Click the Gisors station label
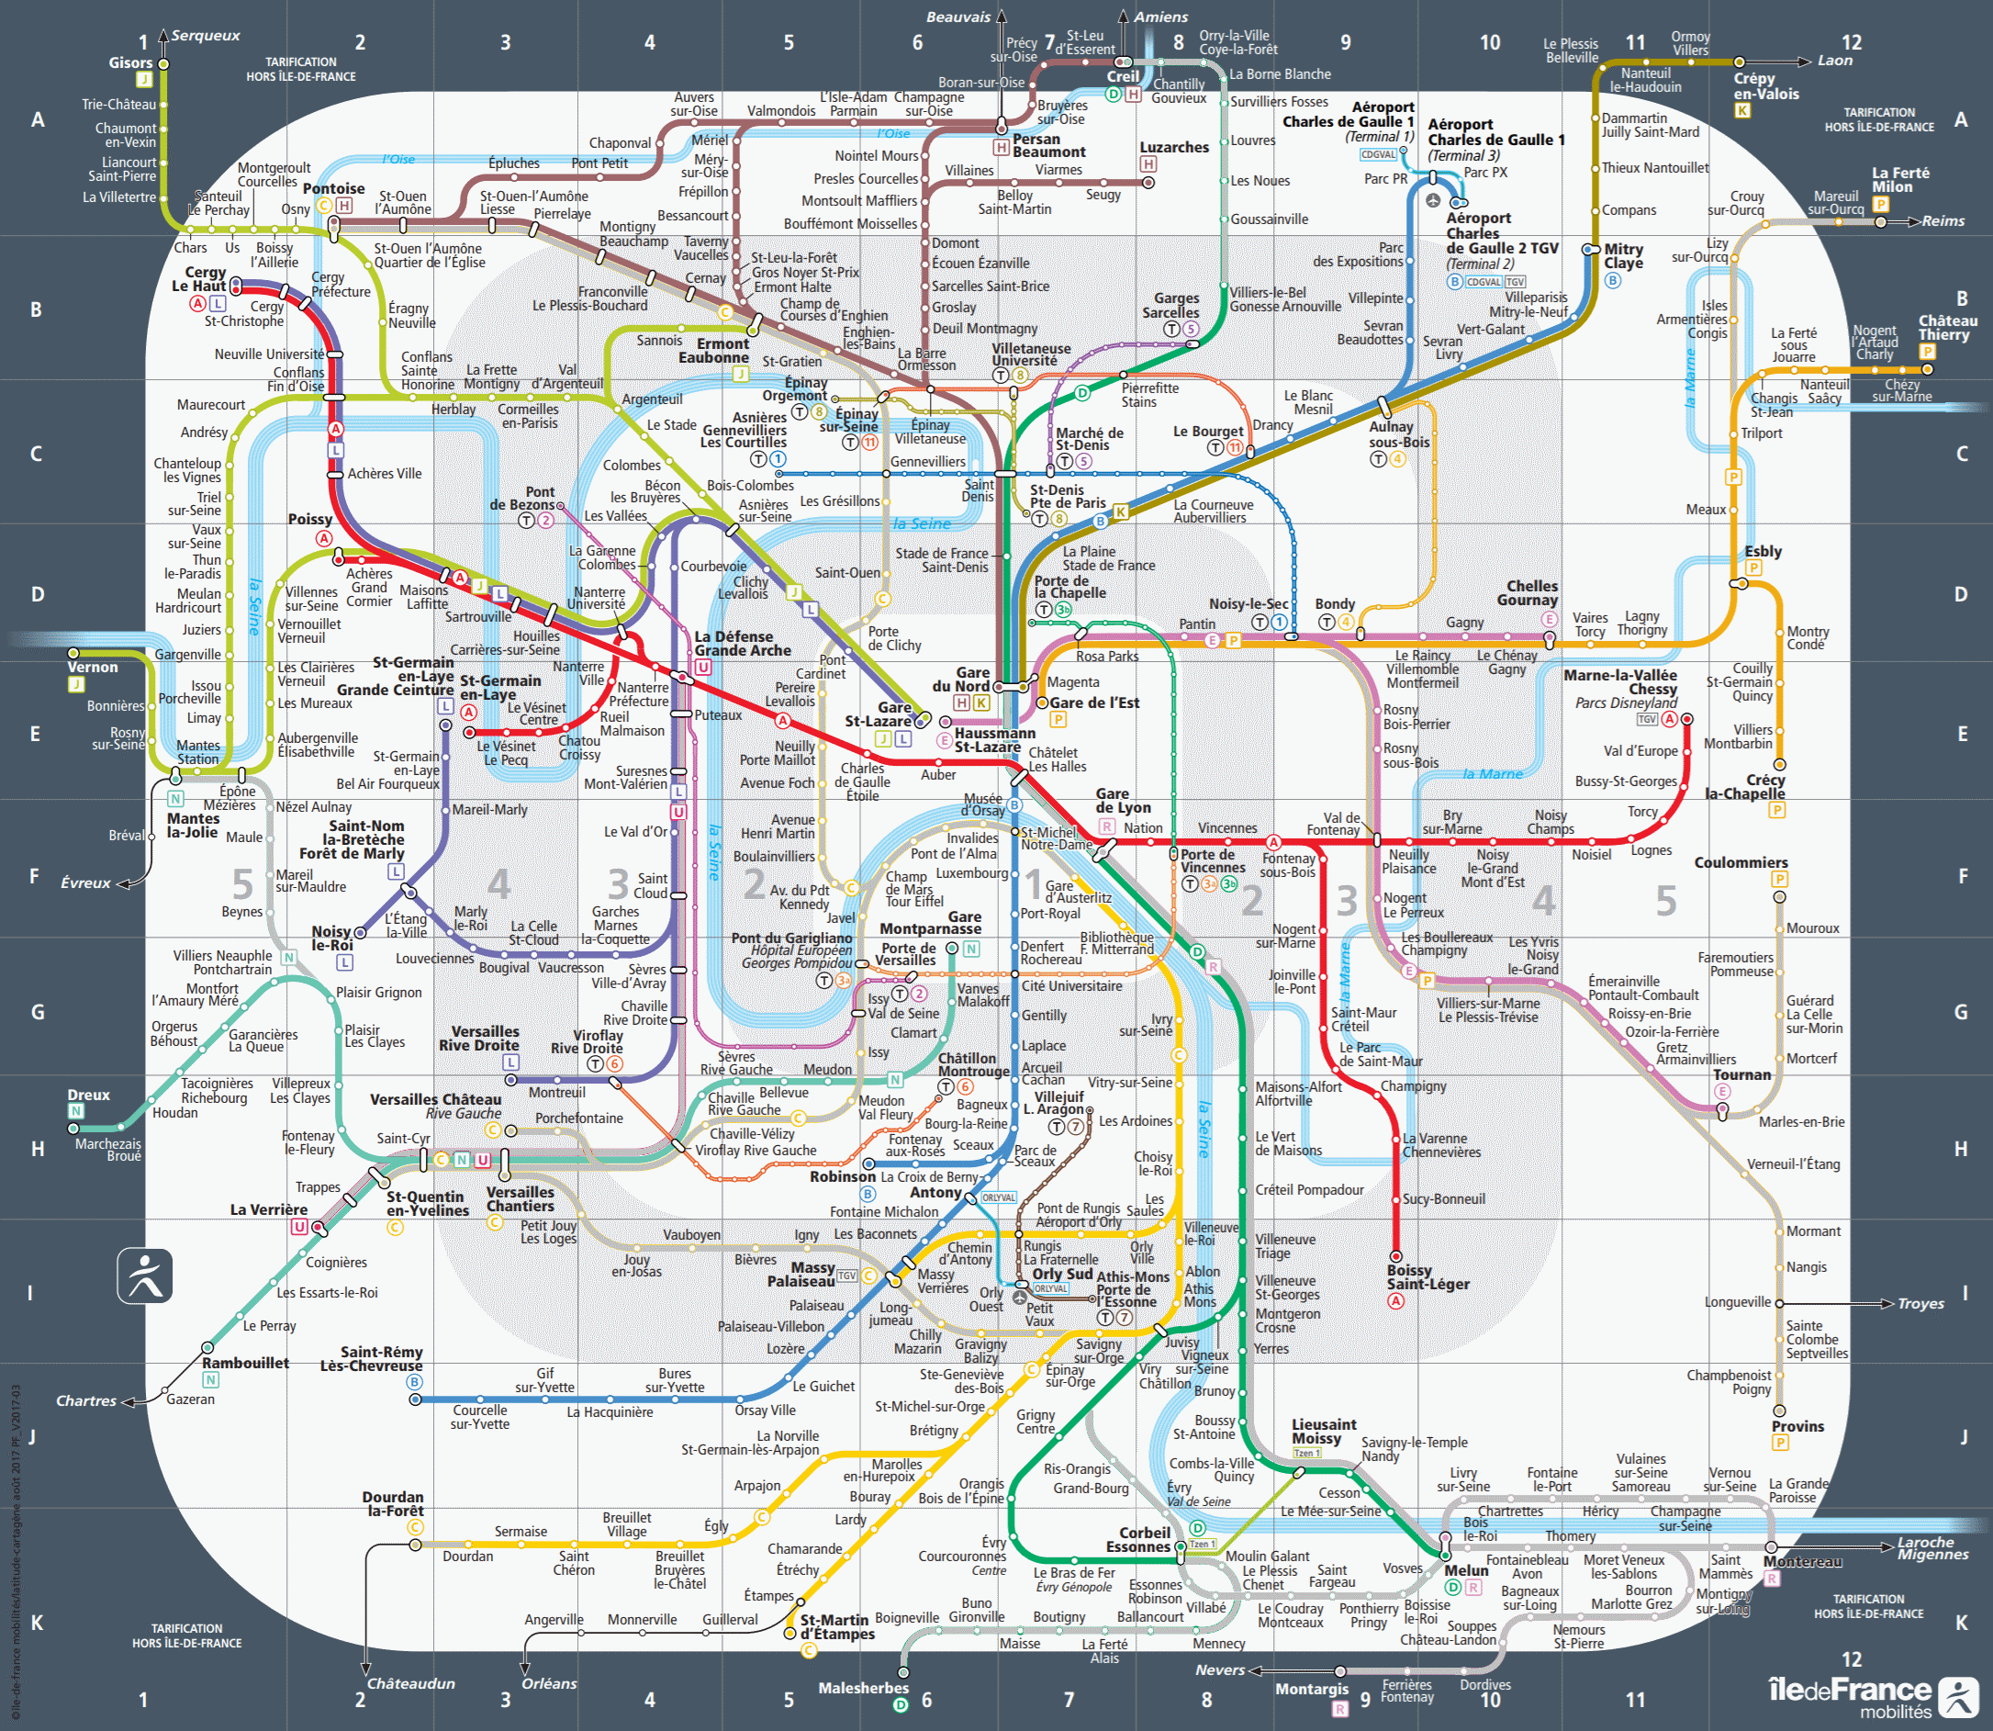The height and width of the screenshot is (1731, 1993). point(130,62)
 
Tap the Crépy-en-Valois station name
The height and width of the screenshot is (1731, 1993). point(1766,86)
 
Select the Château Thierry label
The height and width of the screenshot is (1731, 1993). point(1948,328)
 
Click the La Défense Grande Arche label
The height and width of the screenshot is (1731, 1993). point(743,644)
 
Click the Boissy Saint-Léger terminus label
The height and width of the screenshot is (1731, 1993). point(1428,1277)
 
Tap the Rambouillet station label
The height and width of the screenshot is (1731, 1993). point(245,1363)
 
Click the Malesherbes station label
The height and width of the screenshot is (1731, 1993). point(863,1688)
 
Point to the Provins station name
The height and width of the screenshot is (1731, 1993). point(1797,1427)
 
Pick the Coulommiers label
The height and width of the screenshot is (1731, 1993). point(1741,862)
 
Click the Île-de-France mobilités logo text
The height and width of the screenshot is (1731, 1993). point(1849,1693)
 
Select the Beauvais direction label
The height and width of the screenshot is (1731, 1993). point(957,17)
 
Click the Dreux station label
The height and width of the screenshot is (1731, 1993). point(89,1095)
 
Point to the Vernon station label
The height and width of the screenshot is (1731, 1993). point(93,667)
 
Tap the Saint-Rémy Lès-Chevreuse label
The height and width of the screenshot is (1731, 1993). point(380,1359)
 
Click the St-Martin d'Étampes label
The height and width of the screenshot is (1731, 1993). point(836,1626)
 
